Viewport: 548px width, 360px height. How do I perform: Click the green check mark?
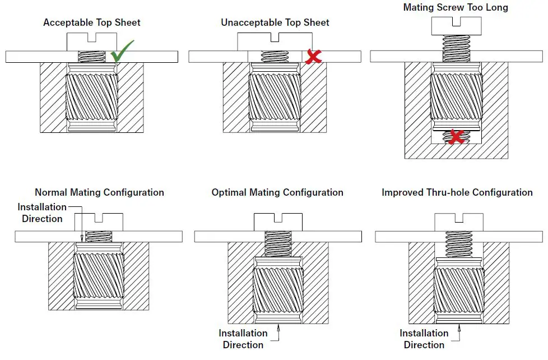pyautogui.click(x=122, y=52)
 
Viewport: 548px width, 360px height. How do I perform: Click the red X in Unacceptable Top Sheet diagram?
pyautogui.click(x=313, y=56)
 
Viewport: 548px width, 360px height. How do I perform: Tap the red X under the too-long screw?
pyautogui.click(x=456, y=136)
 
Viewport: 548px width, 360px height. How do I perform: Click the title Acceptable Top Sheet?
pyautogui.click(x=92, y=23)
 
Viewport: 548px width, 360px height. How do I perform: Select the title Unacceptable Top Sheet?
pyautogui.click(x=275, y=23)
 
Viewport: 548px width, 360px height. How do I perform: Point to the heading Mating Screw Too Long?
pyautogui.click(x=456, y=8)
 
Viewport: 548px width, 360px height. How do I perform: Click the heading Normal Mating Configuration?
pyautogui.click(x=99, y=192)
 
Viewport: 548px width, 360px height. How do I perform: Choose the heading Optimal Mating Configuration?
pyautogui.click(x=277, y=192)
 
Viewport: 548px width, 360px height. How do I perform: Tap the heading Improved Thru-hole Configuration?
pyautogui.click(x=457, y=192)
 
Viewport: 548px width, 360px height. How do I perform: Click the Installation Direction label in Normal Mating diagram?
pyautogui.click(x=42, y=213)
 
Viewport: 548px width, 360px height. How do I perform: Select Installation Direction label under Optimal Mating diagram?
pyautogui.click(x=243, y=339)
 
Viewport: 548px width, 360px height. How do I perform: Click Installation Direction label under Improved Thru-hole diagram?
pyautogui.click(x=424, y=339)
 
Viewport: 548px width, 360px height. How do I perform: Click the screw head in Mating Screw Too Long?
pyautogui.click(x=456, y=26)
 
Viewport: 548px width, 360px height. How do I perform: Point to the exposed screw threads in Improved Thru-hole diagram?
pyautogui.click(x=459, y=246)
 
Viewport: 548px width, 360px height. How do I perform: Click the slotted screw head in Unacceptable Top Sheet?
pyautogui.click(x=275, y=41)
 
